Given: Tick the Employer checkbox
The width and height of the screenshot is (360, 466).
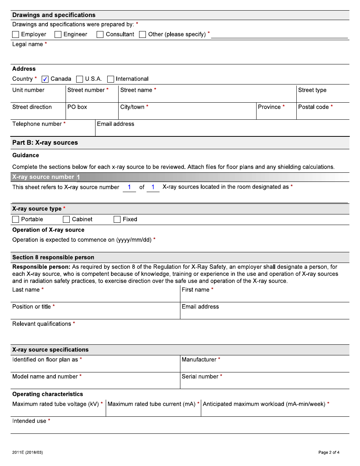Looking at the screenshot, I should (16, 34).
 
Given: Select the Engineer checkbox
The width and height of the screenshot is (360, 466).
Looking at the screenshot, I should (58, 34).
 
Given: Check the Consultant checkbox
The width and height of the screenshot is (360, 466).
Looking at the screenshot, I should (100, 34).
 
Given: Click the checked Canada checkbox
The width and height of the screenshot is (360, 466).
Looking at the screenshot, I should (45, 79).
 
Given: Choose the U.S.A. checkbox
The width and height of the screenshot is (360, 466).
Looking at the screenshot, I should (80, 79).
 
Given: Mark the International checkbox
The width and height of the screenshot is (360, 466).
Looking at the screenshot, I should (111, 79).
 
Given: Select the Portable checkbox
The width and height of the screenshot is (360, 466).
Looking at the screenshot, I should (16, 219).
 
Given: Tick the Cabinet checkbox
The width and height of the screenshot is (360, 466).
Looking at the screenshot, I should (66, 219).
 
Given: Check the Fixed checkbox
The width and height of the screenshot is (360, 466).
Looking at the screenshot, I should (117, 219).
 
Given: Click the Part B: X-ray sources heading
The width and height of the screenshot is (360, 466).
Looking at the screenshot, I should (45, 143).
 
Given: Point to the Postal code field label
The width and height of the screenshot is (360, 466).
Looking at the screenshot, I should (313, 107).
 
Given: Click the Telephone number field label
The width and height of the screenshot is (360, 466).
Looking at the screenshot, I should (37, 124).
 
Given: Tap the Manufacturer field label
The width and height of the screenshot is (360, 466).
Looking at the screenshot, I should (199, 360).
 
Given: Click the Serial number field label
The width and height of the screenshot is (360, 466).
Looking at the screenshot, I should (200, 377).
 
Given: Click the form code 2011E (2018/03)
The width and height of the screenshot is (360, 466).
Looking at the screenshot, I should (27, 452).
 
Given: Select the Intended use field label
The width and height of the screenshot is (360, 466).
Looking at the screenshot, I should (29, 421).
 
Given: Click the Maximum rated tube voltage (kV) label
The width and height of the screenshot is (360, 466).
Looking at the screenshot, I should (55, 404).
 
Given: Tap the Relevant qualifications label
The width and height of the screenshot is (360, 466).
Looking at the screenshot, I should (42, 324).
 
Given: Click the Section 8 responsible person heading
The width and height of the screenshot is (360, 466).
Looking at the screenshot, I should (53, 258).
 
